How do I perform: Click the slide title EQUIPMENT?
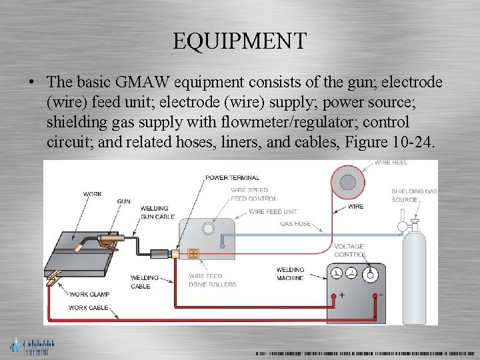coord(239,41)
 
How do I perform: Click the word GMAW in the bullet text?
coord(141,83)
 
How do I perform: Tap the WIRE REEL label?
coord(391,163)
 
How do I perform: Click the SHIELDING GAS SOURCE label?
coord(413,195)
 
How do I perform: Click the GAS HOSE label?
coord(295,224)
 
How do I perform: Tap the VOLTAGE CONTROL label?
coord(350,251)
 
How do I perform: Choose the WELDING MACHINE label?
coord(290,274)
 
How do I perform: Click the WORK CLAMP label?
coord(90,294)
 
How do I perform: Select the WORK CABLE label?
coord(89,307)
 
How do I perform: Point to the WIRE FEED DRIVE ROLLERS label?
coord(212,281)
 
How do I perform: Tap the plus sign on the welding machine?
coord(341,295)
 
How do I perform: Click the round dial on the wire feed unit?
coord(209,229)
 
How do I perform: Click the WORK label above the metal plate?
coord(93,194)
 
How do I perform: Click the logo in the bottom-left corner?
coord(31,345)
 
